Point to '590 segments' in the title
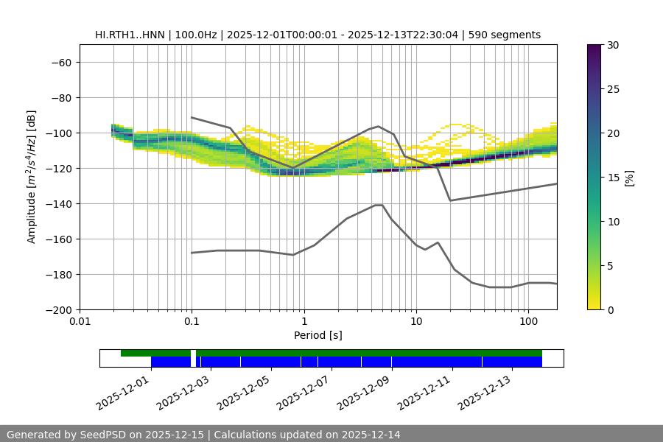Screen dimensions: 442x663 508,35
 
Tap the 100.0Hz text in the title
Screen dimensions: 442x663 195,35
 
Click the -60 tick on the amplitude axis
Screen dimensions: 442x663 60,62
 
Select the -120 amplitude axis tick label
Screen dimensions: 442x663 57,168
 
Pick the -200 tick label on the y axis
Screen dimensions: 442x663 57,309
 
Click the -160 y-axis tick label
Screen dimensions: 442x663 57,239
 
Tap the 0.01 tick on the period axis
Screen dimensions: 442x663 80,322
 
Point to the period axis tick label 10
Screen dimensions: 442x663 416,322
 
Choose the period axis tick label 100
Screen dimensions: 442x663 528,322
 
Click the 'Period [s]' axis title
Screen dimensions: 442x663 318,335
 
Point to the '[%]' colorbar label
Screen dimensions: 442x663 630,178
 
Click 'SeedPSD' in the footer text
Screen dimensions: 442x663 99,435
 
